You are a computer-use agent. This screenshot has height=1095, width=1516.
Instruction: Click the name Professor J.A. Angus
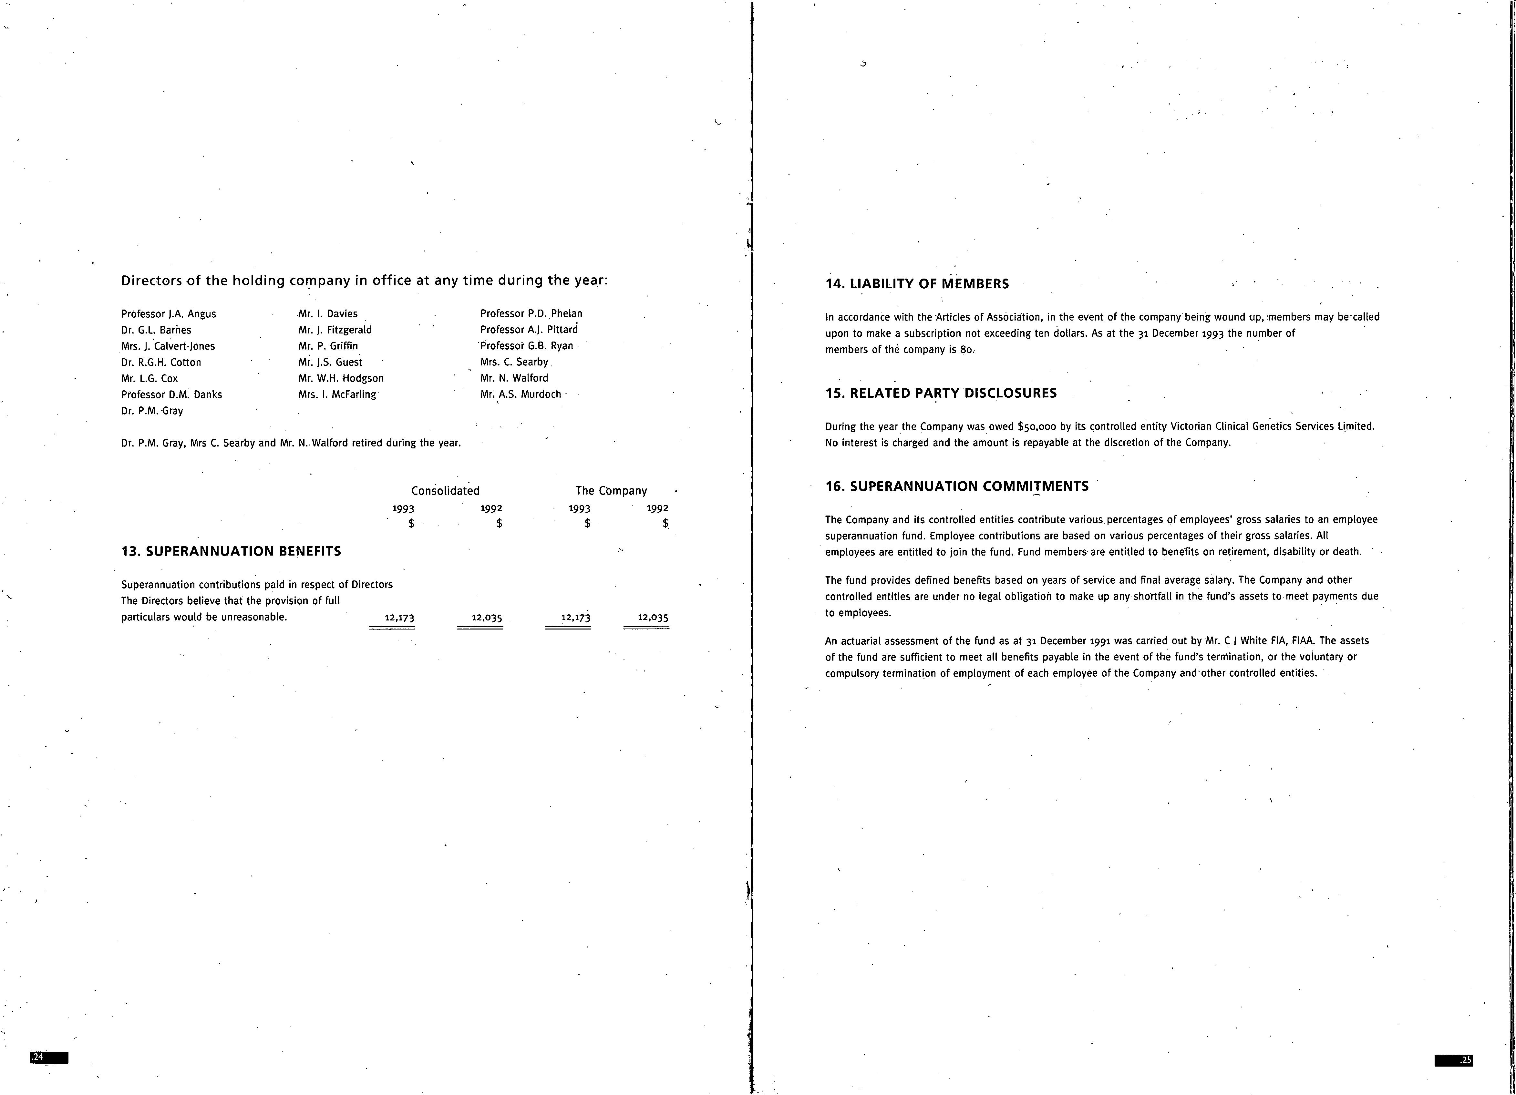[169, 314]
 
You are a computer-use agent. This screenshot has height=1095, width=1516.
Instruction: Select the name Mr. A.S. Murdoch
[521, 394]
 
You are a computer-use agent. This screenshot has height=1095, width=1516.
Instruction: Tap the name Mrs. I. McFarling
[337, 394]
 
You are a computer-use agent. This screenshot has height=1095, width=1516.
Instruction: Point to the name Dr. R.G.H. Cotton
[161, 362]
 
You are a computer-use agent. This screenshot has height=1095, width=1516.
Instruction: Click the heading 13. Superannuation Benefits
[231, 551]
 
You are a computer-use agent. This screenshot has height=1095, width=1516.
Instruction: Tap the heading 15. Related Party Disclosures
[941, 393]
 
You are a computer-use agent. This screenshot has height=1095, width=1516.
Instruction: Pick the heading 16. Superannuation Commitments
[956, 486]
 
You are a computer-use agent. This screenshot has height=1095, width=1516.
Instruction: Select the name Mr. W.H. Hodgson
[341, 378]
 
